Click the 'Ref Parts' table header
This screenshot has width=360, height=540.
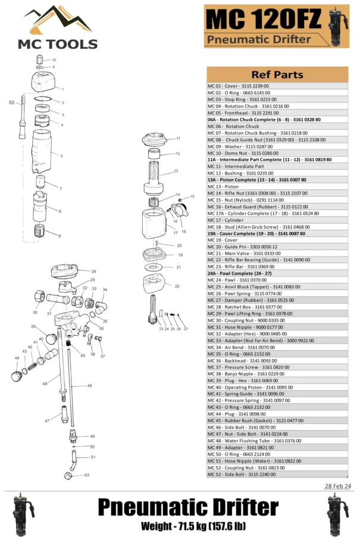[277, 75]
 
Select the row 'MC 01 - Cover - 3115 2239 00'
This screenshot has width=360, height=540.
[238, 86]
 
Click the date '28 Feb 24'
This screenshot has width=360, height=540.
[337, 486]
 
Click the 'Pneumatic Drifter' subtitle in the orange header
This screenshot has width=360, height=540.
[259, 40]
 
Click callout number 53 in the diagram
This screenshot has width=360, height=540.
[11, 103]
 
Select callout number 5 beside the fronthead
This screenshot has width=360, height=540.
[61, 156]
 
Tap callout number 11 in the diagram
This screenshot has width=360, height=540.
[178, 138]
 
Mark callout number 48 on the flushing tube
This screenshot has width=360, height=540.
[90, 386]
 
